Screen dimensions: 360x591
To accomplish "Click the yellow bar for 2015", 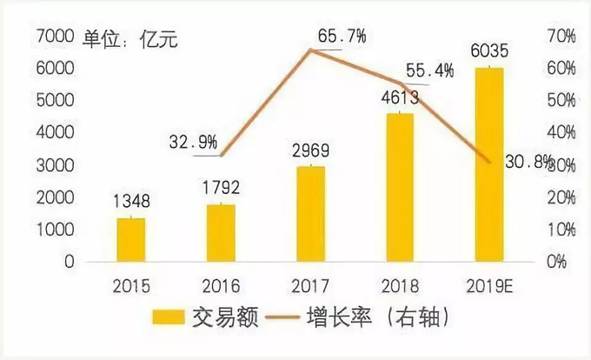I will pyautogui.click(x=131, y=239).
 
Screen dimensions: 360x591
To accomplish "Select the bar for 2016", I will pyautogui.click(x=221, y=232).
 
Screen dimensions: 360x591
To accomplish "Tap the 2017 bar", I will pyautogui.click(x=309, y=213).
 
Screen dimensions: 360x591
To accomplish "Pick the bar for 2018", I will pyautogui.click(x=399, y=187).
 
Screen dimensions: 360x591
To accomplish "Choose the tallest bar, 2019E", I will pyautogui.click(x=488, y=164).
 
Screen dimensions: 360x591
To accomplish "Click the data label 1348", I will pyautogui.click(x=131, y=202).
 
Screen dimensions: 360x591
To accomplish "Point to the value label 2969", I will pyautogui.click(x=309, y=150).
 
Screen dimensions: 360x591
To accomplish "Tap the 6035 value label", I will pyautogui.click(x=488, y=50).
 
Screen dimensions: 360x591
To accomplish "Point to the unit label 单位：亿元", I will pyautogui.click(x=130, y=37).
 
